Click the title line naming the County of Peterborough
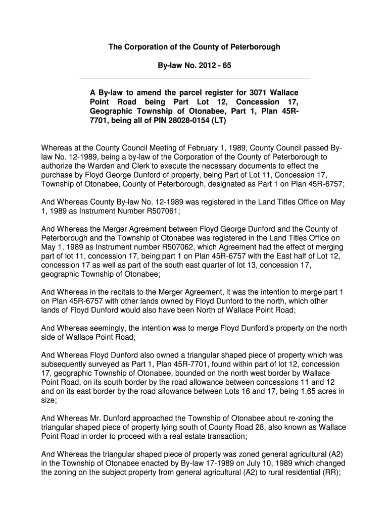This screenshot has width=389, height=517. pos(194,47)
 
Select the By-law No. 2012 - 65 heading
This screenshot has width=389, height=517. pos(194,67)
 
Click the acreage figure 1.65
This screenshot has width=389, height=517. pos(303,391)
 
